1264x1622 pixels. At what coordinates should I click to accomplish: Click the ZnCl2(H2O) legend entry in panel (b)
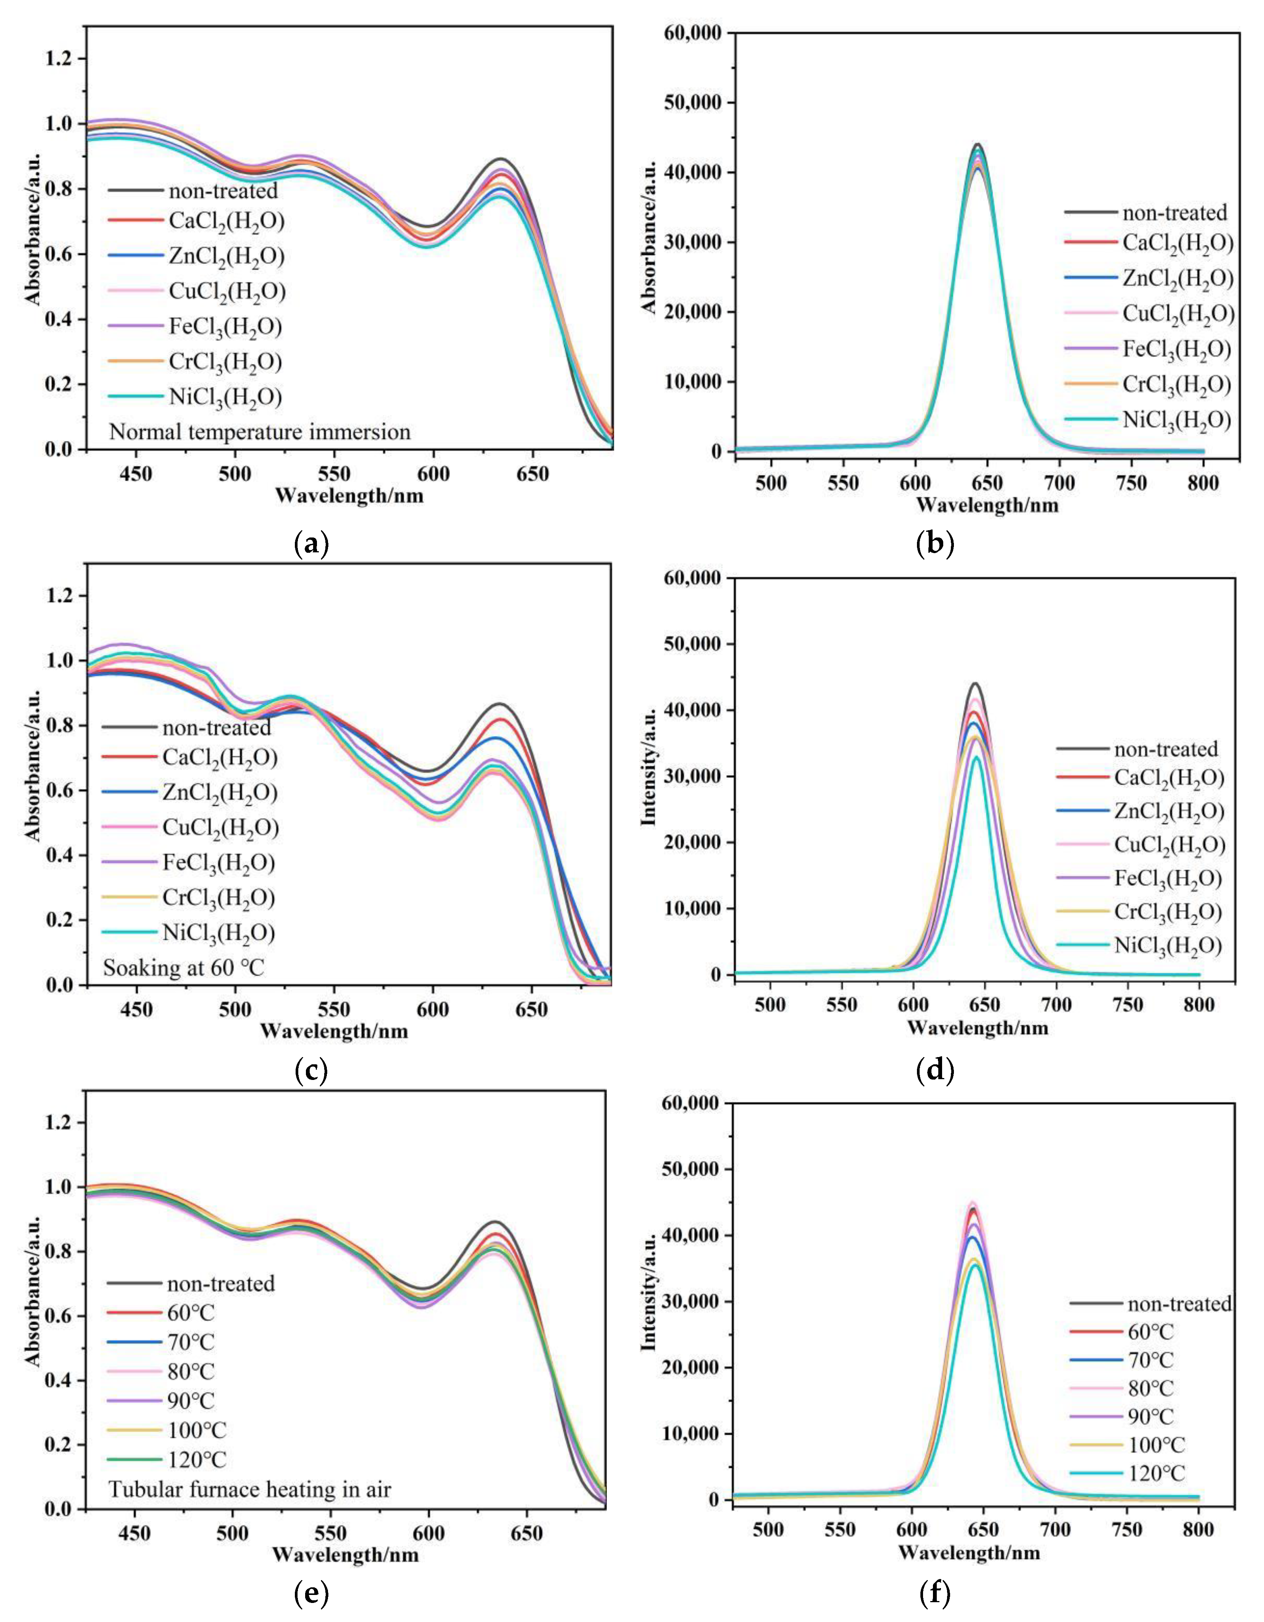point(1177,278)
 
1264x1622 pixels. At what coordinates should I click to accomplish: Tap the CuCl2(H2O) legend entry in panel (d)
point(1168,845)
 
